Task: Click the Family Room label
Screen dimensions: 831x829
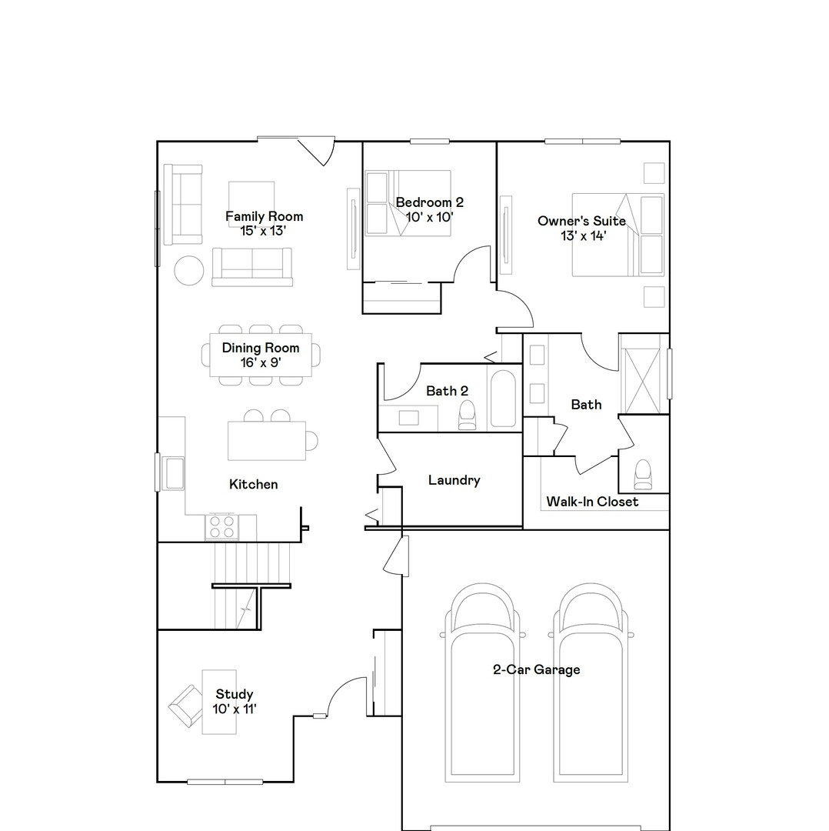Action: pyautogui.click(x=264, y=216)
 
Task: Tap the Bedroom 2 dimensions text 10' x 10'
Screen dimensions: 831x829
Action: pyautogui.click(x=429, y=217)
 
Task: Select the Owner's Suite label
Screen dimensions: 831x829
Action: pyautogui.click(x=581, y=222)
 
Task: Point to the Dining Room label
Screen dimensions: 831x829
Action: pyautogui.click(x=261, y=348)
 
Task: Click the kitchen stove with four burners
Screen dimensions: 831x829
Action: pyautogui.click(x=221, y=527)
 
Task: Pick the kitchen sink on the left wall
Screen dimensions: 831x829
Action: pyautogui.click(x=173, y=472)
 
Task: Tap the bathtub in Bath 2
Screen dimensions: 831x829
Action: pyautogui.click(x=504, y=399)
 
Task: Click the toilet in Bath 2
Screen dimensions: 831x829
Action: pyautogui.click(x=467, y=416)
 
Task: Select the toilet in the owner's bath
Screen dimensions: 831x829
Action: pyautogui.click(x=642, y=475)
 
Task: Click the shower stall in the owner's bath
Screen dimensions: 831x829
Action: pyautogui.click(x=641, y=374)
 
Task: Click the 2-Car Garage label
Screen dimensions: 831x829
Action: pyautogui.click(x=536, y=669)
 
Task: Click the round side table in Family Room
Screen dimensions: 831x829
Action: pyautogui.click(x=188, y=270)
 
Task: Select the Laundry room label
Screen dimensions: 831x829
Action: pyautogui.click(x=454, y=480)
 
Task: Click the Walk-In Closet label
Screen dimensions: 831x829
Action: pyautogui.click(x=592, y=502)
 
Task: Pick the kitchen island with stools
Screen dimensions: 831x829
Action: pyautogui.click(x=267, y=440)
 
